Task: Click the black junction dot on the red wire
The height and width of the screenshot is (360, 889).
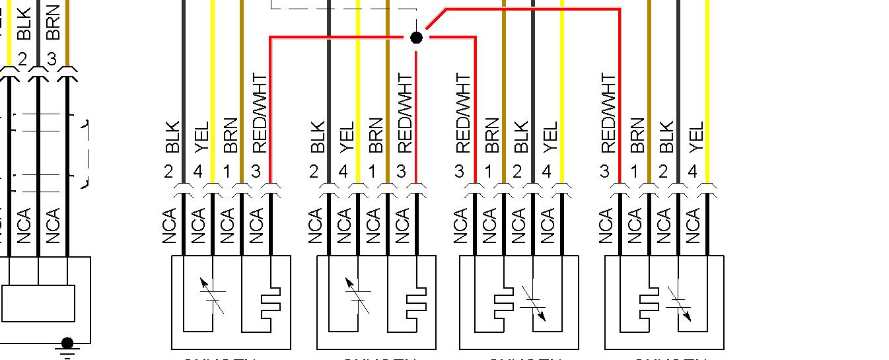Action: pyautogui.click(x=416, y=38)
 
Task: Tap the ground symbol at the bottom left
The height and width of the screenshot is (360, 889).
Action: pyautogui.click(x=67, y=346)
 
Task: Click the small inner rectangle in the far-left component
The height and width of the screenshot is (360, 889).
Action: pyautogui.click(x=38, y=303)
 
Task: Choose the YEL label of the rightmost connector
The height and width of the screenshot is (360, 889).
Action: pyautogui.click(x=695, y=137)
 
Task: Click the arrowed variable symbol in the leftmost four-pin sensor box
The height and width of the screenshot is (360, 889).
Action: pyautogui.click(x=213, y=295)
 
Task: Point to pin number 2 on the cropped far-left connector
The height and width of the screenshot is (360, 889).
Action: pyautogui.click(x=23, y=59)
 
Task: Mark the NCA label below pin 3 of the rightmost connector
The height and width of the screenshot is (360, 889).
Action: pyautogui.click(x=606, y=226)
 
